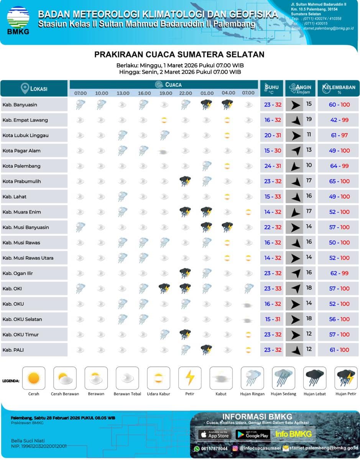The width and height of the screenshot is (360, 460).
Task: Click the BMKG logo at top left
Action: point(18,20)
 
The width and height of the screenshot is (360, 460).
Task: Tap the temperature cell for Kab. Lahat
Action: point(273,197)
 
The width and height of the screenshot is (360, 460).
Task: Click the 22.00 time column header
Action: point(185,93)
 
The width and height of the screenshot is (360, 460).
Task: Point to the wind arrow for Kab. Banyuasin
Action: point(295,105)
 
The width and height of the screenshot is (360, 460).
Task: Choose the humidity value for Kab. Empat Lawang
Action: point(339,120)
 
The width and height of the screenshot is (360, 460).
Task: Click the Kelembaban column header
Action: point(339,88)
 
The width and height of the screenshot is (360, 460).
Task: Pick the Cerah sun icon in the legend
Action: point(34,378)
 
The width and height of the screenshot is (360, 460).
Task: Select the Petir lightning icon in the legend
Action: point(190,378)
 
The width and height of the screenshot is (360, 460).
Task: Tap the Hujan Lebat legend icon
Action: point(315,378)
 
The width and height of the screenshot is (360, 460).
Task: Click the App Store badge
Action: point(214,434)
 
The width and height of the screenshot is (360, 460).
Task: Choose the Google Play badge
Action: point(252,434)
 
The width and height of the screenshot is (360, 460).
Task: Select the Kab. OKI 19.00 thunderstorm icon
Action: point(164,288)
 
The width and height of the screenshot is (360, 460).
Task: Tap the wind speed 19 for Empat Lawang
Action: point(309,119)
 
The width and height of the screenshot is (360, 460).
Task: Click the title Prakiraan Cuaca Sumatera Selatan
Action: point(179,54)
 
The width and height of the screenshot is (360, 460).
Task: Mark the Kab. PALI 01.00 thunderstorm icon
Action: point(207,350)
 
